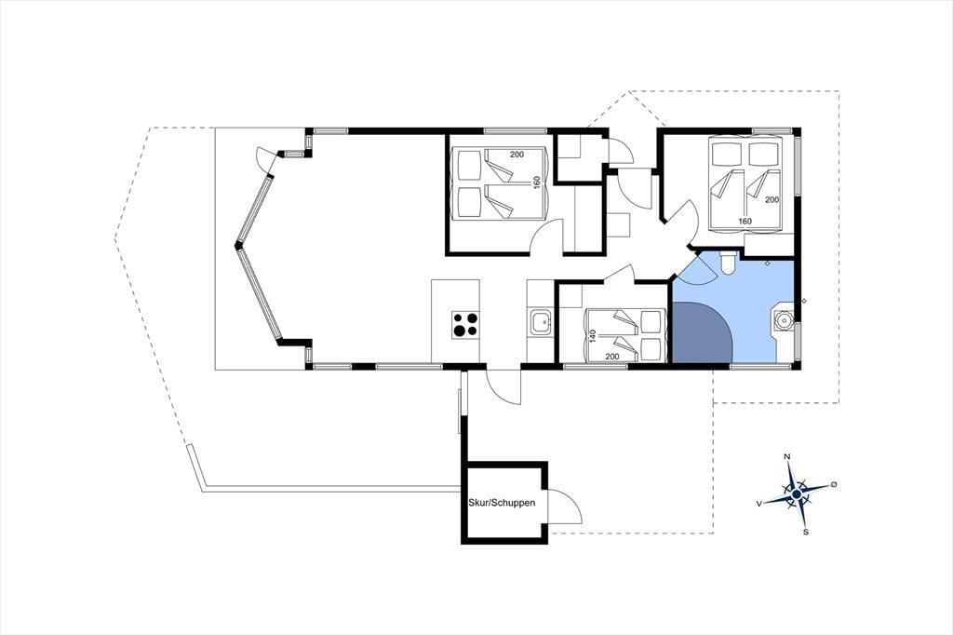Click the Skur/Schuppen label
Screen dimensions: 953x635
click(502, 503)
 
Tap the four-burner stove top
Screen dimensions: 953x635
click(465, 325)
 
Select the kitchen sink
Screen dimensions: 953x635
click(540, 322)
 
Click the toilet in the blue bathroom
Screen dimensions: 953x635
click(728, 263)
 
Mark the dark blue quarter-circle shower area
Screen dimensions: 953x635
click(699, 332)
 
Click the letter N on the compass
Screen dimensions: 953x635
click(787, 456)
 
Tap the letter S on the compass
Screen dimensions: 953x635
click(806, 533)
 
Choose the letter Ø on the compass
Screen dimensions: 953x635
click(833, 484)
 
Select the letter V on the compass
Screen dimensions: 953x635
click(759, 504)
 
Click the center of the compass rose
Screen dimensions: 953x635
click(797, 493)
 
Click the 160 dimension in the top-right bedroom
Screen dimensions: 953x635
click(745, 221)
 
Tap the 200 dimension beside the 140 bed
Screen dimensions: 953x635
click(612, 357)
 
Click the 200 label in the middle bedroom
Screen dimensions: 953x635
click(517, 155)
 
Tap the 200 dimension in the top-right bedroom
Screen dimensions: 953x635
click(772, 199)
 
